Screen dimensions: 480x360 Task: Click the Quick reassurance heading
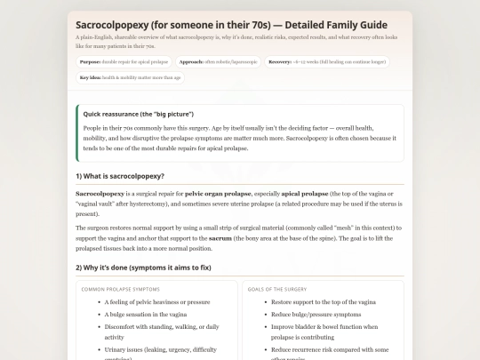click(138, 115)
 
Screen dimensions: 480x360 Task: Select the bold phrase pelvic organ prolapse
click(216, 193)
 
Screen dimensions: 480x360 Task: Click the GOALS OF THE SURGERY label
click(277, 289)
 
